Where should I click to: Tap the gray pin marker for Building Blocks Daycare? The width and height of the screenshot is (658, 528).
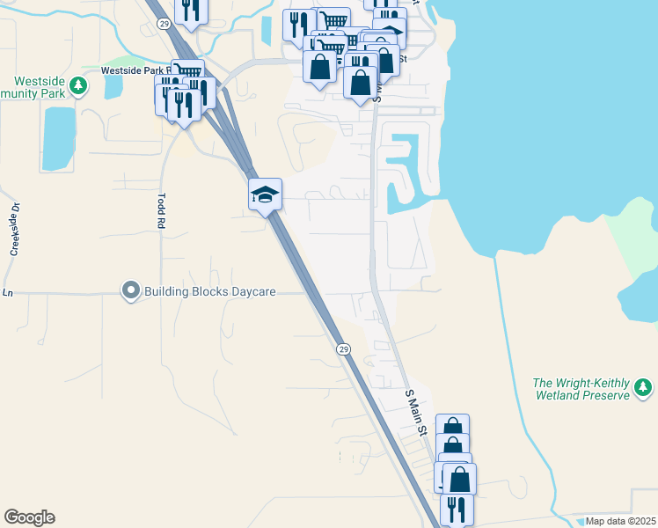pyautogui.click(x=131, y=290)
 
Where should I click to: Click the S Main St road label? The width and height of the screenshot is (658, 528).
pyautogui.click(x=416, y=412)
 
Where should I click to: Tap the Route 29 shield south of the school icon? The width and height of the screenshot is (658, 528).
pyautogui.click(x=343, y=348)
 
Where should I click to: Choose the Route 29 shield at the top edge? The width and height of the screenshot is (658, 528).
pyautogui.click(x=164, y=25)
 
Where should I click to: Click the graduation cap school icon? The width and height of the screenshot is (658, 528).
pyautogui.click(x=265, y=194)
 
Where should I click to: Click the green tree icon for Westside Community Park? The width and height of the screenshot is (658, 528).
pyautogui.click(x=79, y=86)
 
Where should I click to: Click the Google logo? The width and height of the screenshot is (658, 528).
pyautogui.click(x=29, y=517)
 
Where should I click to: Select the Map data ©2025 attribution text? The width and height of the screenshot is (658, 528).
pyautogui.click(x=620, y=521)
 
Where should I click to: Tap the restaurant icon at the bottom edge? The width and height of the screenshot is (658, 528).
pyautogui.click(x=457, y=509)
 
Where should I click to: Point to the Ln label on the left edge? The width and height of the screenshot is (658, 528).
pyautogui.click(x=9, y=292)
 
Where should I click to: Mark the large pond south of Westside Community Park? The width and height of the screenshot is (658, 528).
pyautogui.click(x=59, y=137)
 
